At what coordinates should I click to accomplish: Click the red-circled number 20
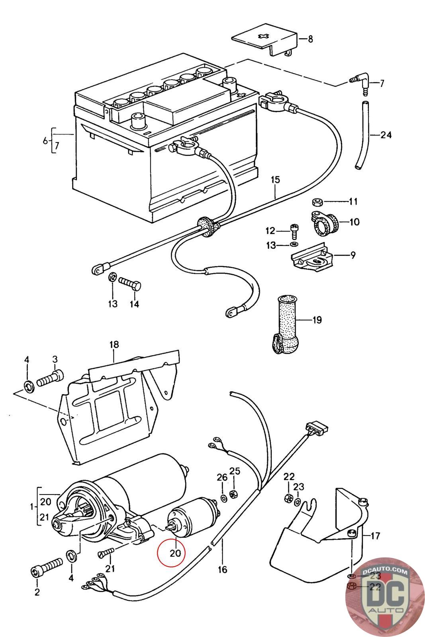(175, 553)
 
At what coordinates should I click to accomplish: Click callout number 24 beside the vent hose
(386, 135)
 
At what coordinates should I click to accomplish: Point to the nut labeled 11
(317, 202)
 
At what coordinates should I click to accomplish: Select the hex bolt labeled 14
(130, 283)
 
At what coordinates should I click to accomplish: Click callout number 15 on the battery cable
(275, 180)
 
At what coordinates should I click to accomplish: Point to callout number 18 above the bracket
(114, 345)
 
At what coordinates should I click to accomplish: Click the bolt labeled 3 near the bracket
(50, 378)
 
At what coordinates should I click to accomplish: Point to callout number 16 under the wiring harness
(222, 569)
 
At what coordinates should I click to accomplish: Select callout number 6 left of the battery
(45, 141)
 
